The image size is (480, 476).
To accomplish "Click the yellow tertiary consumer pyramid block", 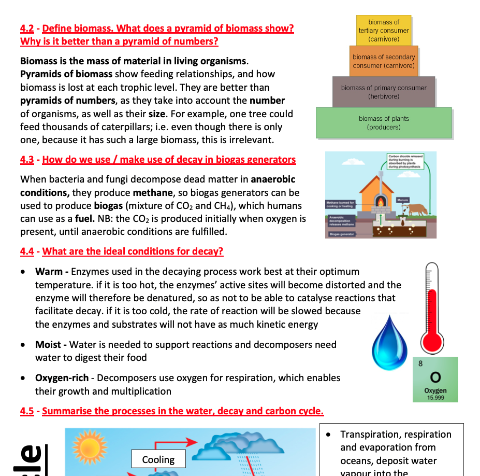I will (383, 31).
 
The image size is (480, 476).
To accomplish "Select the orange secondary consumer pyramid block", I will (384, 61).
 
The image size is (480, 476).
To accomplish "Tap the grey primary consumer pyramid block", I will (384, 92).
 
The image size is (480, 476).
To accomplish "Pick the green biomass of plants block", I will (384, 122).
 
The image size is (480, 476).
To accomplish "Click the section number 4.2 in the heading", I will (27, 29).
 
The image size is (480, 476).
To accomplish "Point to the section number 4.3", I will (27, 160).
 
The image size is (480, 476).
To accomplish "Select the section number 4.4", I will (27, 251).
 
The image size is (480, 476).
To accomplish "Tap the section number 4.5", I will (27, 411).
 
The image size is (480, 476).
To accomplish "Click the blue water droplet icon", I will (390, 340).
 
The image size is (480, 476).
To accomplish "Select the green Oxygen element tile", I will (435, 379).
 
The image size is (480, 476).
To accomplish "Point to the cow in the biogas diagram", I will (417, 208).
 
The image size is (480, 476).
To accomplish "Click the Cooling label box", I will (158, 459).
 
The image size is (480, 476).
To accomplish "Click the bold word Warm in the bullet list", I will (48, 272).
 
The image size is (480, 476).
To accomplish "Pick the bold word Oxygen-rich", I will (62, 378).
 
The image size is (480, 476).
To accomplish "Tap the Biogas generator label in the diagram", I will (340, 234).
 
